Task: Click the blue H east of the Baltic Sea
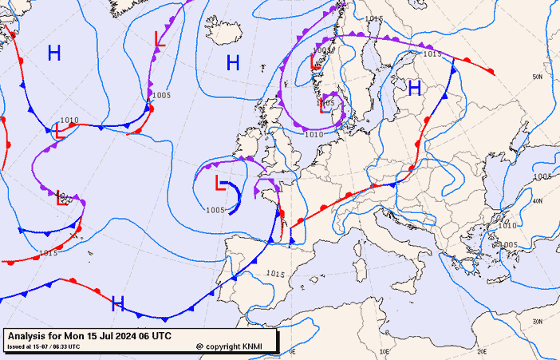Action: point(415,89)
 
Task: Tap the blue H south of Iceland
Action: point(233,62)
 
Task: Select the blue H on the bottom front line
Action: point(118,303)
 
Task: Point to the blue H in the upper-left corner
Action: point(54,53)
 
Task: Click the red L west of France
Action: point(220,184)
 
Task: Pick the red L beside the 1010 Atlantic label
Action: point(58,130)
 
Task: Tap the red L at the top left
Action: point(159,39)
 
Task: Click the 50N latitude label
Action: point(538,77)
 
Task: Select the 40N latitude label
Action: point(538,201)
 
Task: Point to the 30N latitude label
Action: point(538,321)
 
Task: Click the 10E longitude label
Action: point(385,350)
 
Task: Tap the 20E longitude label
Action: point(481,350)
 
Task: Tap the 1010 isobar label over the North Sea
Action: point(314,135)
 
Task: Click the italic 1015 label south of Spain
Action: point(275,274)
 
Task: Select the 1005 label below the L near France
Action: point(215,210)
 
